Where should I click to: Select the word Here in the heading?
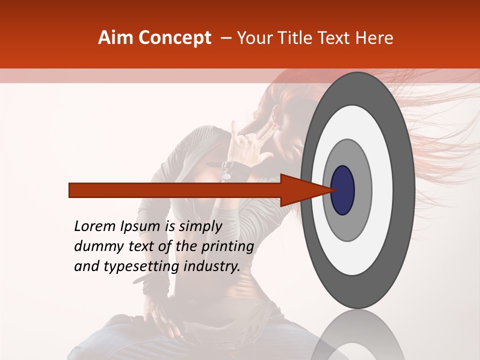click(375, 38)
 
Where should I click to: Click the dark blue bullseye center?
click(342, 190)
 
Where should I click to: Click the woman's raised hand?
click(250, 140)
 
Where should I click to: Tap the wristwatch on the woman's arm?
click(228, 170)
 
